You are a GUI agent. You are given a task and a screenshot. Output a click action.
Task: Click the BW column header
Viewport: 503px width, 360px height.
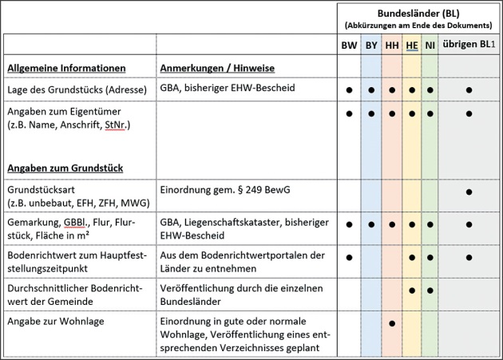click(349, 45)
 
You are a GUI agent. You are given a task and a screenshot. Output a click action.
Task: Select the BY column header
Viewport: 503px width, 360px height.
click(371, 45)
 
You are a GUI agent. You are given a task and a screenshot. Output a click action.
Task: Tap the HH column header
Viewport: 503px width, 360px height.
click(392, 45)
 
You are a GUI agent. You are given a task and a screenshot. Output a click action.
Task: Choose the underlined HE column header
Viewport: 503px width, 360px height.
click(412, 45)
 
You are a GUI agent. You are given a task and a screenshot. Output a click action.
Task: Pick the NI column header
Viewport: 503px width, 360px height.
click(430, 45)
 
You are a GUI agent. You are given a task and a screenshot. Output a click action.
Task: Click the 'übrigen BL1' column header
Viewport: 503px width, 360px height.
click(469, 45)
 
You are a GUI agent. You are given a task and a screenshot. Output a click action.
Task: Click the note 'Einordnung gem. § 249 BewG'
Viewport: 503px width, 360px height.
click(217, 191)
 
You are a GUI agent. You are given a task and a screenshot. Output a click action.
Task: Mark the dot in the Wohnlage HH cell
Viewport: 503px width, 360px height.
click(392, 323)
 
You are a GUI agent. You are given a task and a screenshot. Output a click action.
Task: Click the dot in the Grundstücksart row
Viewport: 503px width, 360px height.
click(469, 192)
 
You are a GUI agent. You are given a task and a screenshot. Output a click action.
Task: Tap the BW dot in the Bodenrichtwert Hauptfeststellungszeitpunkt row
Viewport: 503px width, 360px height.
click(349, 257)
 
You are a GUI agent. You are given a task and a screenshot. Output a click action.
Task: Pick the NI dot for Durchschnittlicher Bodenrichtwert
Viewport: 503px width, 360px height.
click(430, 290)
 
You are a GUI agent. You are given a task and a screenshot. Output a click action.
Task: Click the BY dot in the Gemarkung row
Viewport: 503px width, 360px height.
click(371, 225)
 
